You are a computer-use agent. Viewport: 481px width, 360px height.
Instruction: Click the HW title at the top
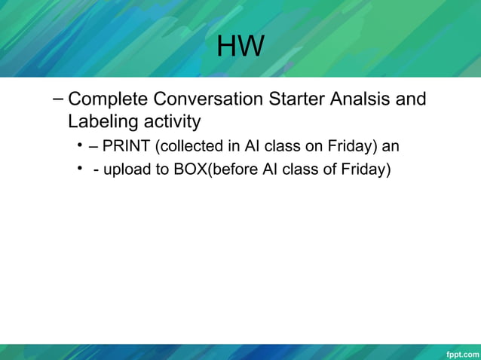point(240,47)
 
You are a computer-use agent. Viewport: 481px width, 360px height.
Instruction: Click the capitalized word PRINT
point(126,146)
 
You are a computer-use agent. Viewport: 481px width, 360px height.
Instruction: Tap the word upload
point(127,169)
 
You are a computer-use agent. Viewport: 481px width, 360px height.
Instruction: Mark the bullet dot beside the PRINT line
point(79,145)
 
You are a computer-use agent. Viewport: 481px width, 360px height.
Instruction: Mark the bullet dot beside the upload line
point(79,169)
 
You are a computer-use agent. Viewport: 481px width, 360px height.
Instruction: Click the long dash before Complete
point(59,99)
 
